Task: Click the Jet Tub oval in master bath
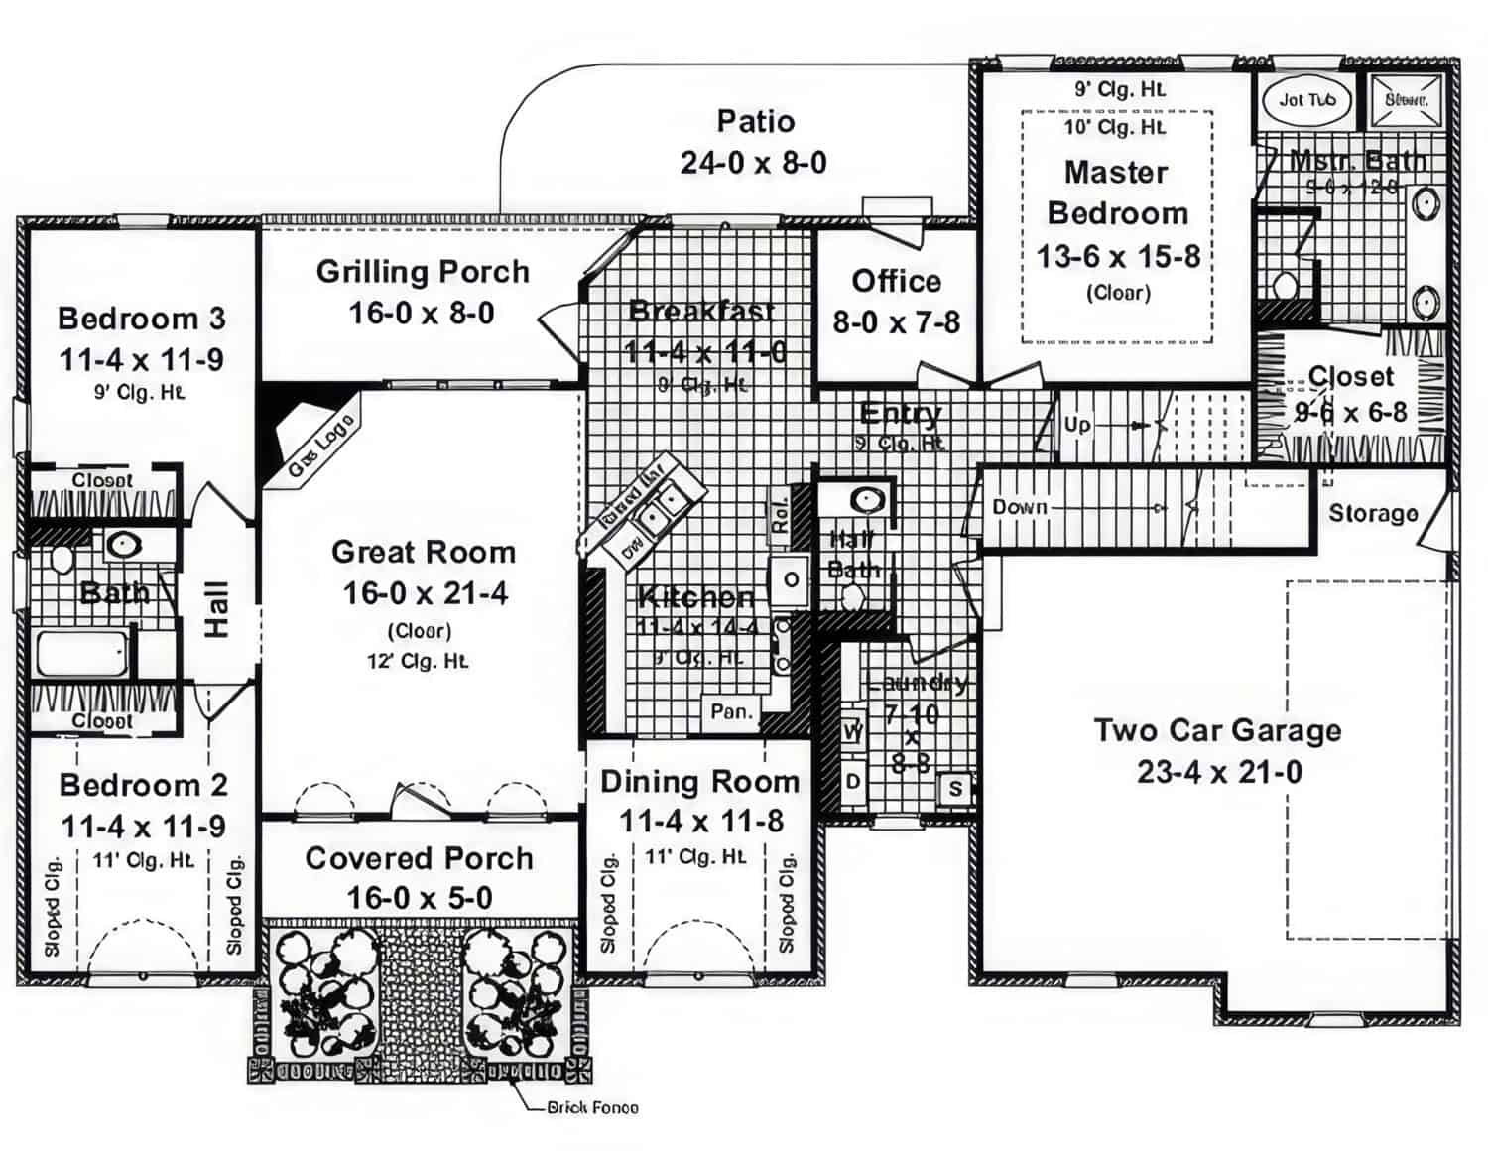pos(1306,99)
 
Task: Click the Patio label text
pos(755,121)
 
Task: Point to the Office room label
pos(896,281)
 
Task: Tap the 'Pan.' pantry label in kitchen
pos(732,711)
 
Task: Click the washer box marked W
pos(852,732)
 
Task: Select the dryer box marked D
pos(852,781)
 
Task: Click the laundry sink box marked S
pos(955,788)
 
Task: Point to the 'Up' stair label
pos(1077,425)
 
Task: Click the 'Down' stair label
pos(1020,507)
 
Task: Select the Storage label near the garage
pos(1373,513)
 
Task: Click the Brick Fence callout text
pos(592,1107)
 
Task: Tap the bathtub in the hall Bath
pos(82,653)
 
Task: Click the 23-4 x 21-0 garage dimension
pos(1219,772)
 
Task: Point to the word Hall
pos(216,608)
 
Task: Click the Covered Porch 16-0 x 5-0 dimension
pos(419,898)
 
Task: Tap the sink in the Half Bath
pos(868,499)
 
